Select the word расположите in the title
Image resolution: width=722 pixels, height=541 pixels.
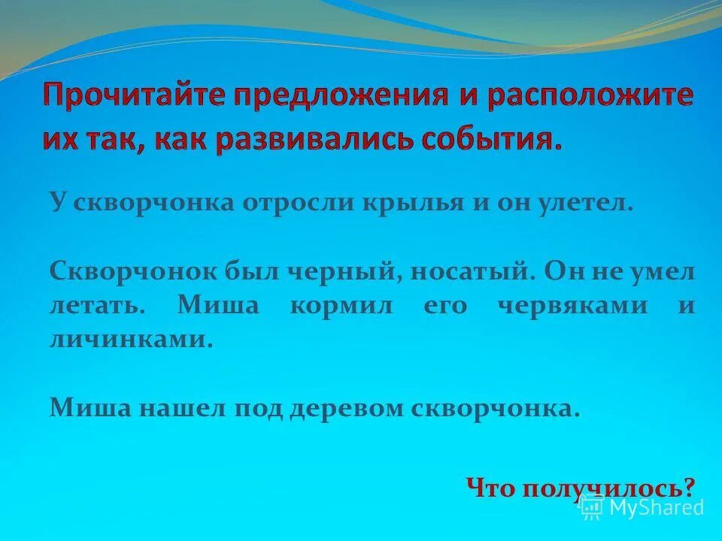tap(593, 98)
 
